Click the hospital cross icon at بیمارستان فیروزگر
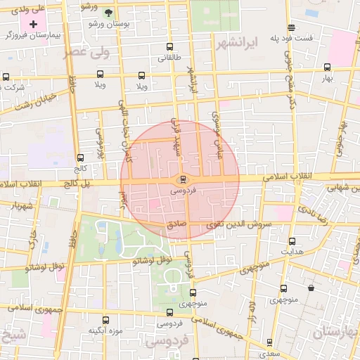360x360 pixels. (x=32, y=24)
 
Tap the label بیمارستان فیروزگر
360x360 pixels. (x=32, y=35)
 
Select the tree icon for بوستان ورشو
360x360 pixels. (x=108, y=13)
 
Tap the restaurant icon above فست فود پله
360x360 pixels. (x=292, y=27)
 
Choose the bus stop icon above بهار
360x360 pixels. (x=327, y=67)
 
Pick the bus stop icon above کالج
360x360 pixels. (x=79, y=157)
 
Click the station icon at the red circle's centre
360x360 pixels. (x=183, y=179)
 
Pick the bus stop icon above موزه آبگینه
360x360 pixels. (x=105, y=320)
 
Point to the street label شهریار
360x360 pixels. (x=22, y=207)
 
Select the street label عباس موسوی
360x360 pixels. (x=217, y=127)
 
